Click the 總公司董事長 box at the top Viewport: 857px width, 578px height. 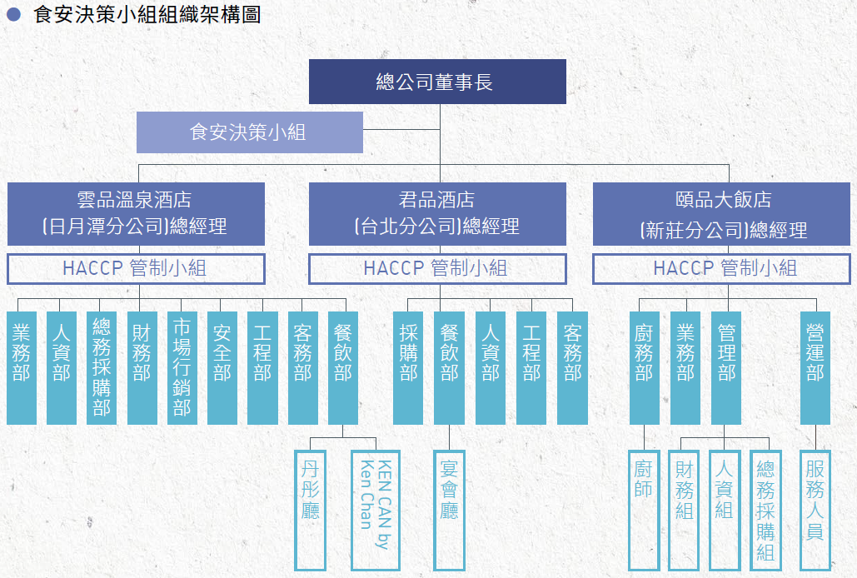(437, 82)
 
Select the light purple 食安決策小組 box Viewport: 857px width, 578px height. (250, 132)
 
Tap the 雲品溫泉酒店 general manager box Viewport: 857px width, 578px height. (136, 213)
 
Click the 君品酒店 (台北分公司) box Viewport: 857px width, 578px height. (437, 213)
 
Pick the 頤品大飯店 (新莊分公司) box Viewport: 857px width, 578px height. (721, 213)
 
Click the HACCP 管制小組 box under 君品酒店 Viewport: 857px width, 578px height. (437, 269)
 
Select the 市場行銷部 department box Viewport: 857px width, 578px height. (182, 367)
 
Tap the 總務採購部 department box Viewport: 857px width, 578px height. (102, 367)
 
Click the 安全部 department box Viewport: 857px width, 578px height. (222, 367)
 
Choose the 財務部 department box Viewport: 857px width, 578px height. (142, 367)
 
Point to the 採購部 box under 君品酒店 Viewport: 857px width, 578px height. (408, 367)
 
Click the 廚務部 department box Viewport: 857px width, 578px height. (645, 367)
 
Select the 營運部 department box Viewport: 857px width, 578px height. (815, 367)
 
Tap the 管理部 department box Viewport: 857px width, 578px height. (726, 367)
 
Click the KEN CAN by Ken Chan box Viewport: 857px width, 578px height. (376, 511)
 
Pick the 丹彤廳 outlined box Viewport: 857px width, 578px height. (311, 511)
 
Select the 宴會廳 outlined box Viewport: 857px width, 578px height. (449, 511)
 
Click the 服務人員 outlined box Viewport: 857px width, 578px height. (815, 511)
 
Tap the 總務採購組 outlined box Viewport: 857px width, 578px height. (765, 511)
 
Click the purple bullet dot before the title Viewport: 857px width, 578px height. (13, 14)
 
